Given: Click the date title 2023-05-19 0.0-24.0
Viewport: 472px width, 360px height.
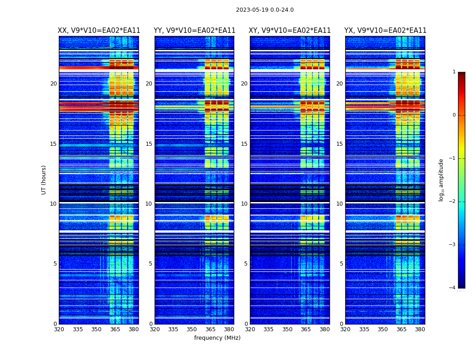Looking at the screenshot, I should click(265, 10).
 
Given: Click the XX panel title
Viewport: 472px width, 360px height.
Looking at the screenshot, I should click(99, 31).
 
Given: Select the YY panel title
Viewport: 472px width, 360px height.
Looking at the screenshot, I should click(194, 31).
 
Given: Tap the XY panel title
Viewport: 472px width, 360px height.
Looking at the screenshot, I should click(289, 31).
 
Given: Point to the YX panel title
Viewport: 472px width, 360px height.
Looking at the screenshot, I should click(385, 31).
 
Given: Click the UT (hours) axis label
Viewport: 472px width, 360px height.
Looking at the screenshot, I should click(44, 180).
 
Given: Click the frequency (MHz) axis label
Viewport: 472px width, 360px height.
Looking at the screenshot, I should click(217, 338).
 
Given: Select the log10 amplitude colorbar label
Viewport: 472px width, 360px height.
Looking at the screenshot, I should click(441, 180).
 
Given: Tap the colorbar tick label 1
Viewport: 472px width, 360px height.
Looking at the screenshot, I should click(454, 72).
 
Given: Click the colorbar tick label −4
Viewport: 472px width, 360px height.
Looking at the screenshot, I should click(453, 288).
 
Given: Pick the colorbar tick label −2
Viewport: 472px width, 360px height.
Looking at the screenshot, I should click(453, 202).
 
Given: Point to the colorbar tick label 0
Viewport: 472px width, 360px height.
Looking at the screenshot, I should click(454, 115).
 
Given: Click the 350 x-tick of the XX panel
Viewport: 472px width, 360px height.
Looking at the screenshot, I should click(96, 329).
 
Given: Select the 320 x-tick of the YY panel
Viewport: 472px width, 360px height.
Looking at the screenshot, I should click(155, 329).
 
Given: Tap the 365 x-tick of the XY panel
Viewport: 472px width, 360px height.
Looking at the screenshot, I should click(306, 329).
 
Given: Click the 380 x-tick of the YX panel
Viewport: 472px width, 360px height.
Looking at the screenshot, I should click(420, 329).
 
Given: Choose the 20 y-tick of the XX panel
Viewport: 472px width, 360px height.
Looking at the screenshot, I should click(53, 84).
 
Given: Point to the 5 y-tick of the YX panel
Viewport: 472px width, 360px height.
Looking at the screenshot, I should click(342, 264).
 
